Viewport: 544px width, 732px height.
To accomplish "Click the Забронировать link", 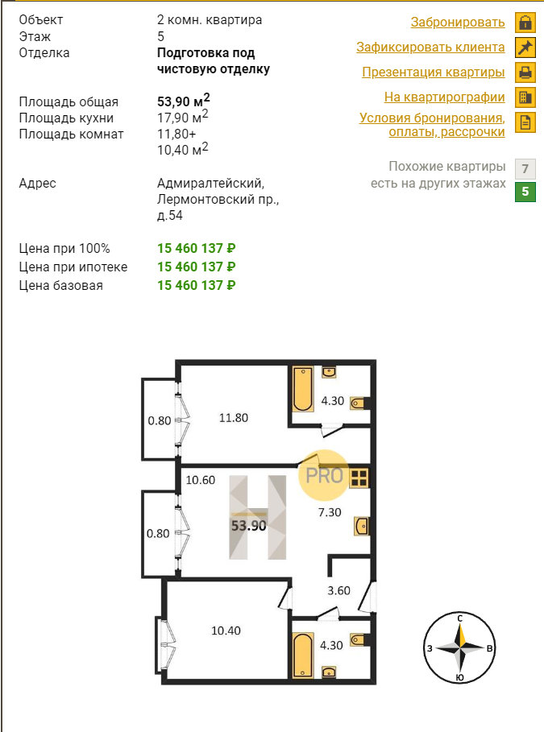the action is tap(458, 22).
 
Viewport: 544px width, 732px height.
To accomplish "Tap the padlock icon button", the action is tap(525, 23).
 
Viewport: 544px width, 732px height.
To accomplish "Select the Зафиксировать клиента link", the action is tap(430, 48).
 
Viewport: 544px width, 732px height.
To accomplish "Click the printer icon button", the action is tap(525, 72).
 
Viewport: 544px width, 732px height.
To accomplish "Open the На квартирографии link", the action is tap(444, 97).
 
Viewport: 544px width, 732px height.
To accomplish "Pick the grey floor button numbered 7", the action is tap(525, 168).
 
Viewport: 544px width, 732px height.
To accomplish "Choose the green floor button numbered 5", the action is tap(525, 192).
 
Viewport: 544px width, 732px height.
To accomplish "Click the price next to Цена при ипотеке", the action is tap(197, 267).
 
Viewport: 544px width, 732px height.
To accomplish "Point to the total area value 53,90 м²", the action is tap(183, 100).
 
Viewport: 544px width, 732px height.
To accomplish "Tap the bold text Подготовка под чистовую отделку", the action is tap(213, 60).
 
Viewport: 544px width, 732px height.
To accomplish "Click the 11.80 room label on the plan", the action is tap(234, 418).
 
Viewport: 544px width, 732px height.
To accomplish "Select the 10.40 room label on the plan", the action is tap(226, 631).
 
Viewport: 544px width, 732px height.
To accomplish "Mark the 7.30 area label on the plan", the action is tap(330, 512).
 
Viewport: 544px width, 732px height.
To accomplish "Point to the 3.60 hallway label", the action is tap(338, 590).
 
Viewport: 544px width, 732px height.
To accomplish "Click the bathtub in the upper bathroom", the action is tap(303, 389).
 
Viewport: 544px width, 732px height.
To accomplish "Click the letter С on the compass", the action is tap(460, 618).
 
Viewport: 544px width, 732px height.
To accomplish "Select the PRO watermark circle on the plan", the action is tap(324, 475).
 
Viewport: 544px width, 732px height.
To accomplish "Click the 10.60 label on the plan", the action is tap(201, 480).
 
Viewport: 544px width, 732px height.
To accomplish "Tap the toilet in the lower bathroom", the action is tap(359, 639).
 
